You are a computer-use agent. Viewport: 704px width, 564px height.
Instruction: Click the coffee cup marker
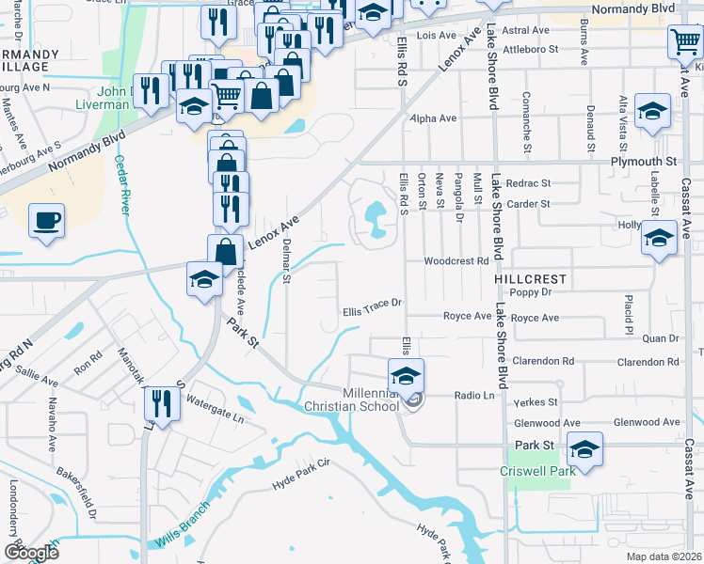click(46, 222)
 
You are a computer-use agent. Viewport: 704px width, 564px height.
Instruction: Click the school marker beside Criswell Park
click(584, 450)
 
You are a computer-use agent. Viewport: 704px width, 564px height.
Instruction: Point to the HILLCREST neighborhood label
click(531, 279)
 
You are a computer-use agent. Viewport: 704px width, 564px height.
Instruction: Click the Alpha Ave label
click(433, 118)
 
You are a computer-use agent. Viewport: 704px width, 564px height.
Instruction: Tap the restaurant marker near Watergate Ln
click(159, 404)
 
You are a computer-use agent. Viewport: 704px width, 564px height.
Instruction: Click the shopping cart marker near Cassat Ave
click(685, 41)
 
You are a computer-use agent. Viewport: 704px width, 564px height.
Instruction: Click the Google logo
click(31, 552)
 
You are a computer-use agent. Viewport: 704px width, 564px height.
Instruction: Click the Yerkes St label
click(539, 401)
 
